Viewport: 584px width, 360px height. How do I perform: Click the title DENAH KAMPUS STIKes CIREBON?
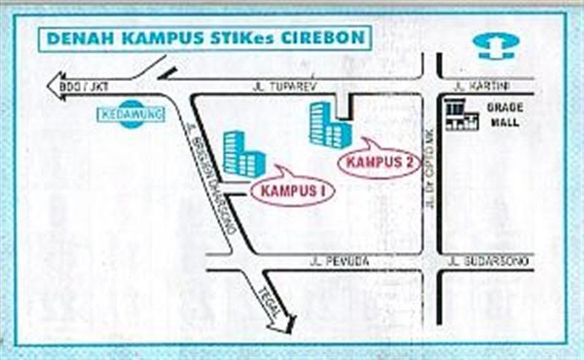(205, 37)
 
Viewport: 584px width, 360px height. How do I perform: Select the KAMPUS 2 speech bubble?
(379, 161)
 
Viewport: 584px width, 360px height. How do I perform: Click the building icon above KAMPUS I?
(243, 154)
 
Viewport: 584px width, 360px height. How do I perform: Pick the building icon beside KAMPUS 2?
(329, 126)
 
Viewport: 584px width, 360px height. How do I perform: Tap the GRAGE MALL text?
(504, 115)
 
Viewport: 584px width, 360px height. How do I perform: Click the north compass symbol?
(496, 45)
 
